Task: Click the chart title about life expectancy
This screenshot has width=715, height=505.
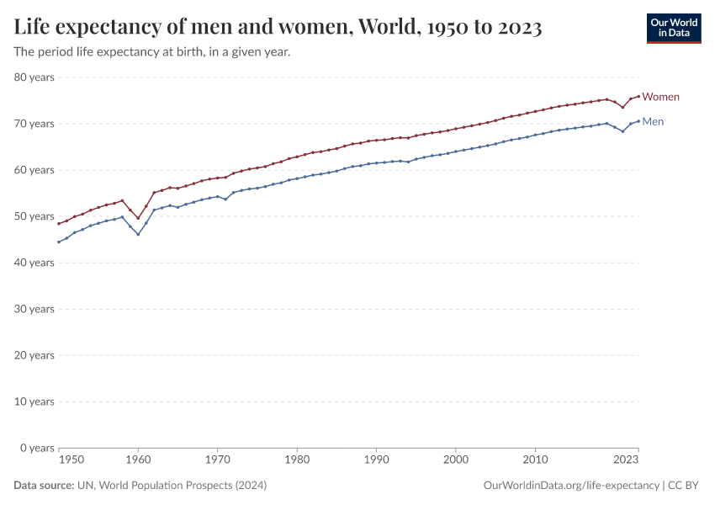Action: click(x=278, y=28)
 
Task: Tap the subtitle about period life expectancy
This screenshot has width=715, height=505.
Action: click(x=152, y=52)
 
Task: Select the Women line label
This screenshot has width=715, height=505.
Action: click(x=660, y=97)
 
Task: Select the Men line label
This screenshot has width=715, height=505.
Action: click(x=653, y=122)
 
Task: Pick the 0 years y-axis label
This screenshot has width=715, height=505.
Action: click(x=36, y=448)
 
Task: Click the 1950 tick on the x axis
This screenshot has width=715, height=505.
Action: click(x=71, y=460)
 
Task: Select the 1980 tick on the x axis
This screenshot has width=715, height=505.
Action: click(x=296, y=460)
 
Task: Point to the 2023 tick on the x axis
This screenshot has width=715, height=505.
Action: click(x=625, y=460)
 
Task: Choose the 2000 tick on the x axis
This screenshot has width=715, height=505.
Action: click(x=456, y=460)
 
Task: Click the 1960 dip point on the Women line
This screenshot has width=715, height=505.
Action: click(x=138, y=218)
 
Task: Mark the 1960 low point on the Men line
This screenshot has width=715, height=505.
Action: click(x=138, y=234)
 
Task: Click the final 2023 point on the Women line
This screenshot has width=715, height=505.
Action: click(x=638, y=96)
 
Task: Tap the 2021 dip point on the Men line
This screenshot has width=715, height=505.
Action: click(x=622, y=131)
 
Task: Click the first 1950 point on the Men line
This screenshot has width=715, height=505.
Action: click(x=58, y=242)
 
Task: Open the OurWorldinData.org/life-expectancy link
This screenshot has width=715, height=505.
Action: click(x=572, y=486)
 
